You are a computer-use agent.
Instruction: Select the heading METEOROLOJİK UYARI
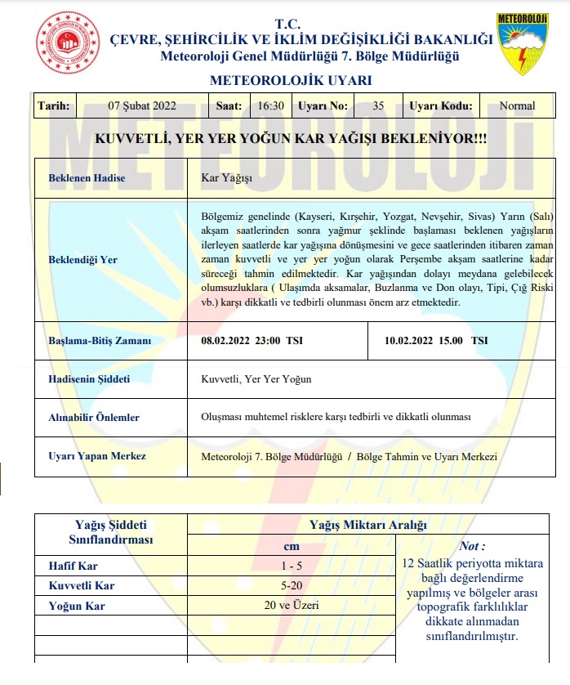[x=291, y=80]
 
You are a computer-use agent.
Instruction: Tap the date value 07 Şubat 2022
[x=142, y=105]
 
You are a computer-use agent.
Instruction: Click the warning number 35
[x=377, y=105]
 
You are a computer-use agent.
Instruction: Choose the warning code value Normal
[x=517, y=105]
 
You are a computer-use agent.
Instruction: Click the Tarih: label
[x=54, y=105]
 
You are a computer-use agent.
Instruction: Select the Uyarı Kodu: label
[x=441, y=105]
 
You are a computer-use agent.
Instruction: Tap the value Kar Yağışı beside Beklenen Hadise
[x=227, y=177]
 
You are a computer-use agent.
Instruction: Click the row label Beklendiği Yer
[x=83, y=260]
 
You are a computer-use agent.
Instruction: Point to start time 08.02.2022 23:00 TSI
[x=252, y=341]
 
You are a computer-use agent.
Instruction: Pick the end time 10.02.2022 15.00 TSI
[x=436, y=341]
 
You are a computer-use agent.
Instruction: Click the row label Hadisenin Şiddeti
[x=89, y=379]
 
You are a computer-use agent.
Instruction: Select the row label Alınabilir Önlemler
[x=94, y=418]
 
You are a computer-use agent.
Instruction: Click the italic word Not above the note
[x=472, y=546]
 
